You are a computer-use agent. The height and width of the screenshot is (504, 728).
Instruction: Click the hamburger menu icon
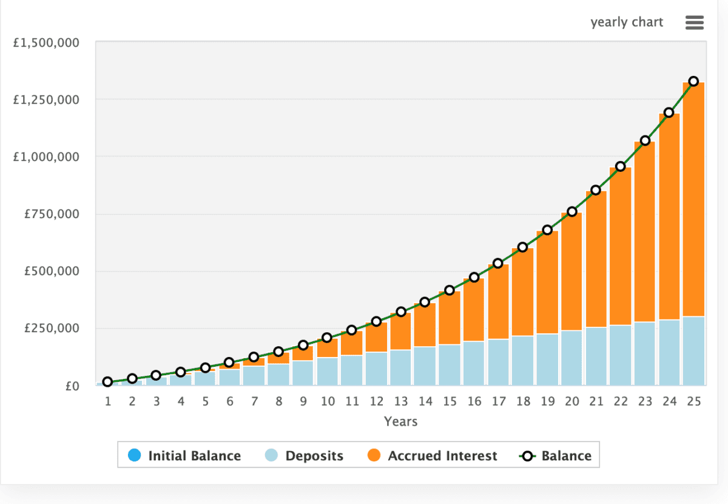click(x=694, y=23)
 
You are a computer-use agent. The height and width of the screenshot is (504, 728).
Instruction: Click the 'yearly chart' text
click(x=627, y=22)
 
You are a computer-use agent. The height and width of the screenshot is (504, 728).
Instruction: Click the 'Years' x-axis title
click(x=400, y=421)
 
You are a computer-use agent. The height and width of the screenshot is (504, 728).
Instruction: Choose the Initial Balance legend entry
click(x=185, y=455)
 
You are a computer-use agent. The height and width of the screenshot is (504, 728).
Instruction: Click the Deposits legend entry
click(x=305, y=455)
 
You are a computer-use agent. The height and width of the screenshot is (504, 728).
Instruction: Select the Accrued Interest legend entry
click(x=433, y=455)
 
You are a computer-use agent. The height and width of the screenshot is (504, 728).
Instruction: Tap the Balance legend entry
click(x=556, y=455)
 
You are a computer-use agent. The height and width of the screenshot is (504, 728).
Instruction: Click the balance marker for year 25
click(x=693, y=81)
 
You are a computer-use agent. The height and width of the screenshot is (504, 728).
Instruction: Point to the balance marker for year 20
click(x=572, y=212)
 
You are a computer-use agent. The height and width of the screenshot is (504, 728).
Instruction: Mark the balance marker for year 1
click(x=107, y=382)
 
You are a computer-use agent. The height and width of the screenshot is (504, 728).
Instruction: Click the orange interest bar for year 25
click(x=693, y=200)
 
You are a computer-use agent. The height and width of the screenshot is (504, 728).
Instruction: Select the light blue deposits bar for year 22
click(x=620, y=355)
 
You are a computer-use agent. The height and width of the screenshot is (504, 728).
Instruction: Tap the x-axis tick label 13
click(x=400, y=401)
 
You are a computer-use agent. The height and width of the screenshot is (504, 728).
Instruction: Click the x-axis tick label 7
click(x=254, y=401)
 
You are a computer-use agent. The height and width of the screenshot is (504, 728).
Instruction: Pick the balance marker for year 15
click(x=450, y=290)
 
